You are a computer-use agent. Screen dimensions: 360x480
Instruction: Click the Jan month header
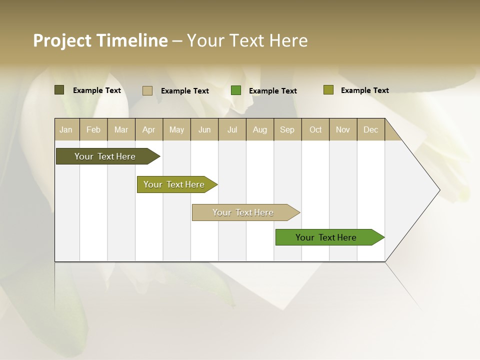pyautogui.click(x=66, y=129)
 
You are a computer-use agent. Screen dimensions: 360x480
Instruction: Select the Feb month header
pyautogui.click(x=93, y=129)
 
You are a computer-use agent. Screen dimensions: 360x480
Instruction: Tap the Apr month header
pyautogui.click(x=148, y=129)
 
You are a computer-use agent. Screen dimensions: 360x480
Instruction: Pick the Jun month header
pyautogui.click(x=204, y=129)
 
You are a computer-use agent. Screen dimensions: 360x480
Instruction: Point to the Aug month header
pyautogui.click(x=259, y=129)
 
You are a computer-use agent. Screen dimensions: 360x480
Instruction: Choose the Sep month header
pyautogui.click(x=287, y=129)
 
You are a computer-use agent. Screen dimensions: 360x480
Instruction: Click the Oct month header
pyautogui.click(x=315, y=129)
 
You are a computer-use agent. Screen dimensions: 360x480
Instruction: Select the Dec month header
pyautogui.click(x=370, y=129)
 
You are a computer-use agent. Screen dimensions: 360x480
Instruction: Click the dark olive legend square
pyautogui.click(x=59, y=90)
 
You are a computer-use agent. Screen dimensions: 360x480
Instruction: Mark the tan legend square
pyautogui.click(x=147, y=90)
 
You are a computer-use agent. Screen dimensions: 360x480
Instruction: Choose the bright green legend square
pyautogui.click(x=236, y=90)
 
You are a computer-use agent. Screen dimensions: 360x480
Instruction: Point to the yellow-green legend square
pyautogui.click(x=328, y=90)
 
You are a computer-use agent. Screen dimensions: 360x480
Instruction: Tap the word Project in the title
pyautogui.click(x=62, y=40)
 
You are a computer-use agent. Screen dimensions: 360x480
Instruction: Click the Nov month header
pyautogui.click(x=342, y=129)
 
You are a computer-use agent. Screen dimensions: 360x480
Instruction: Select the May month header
pyautogui.click(x=176, y=129)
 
